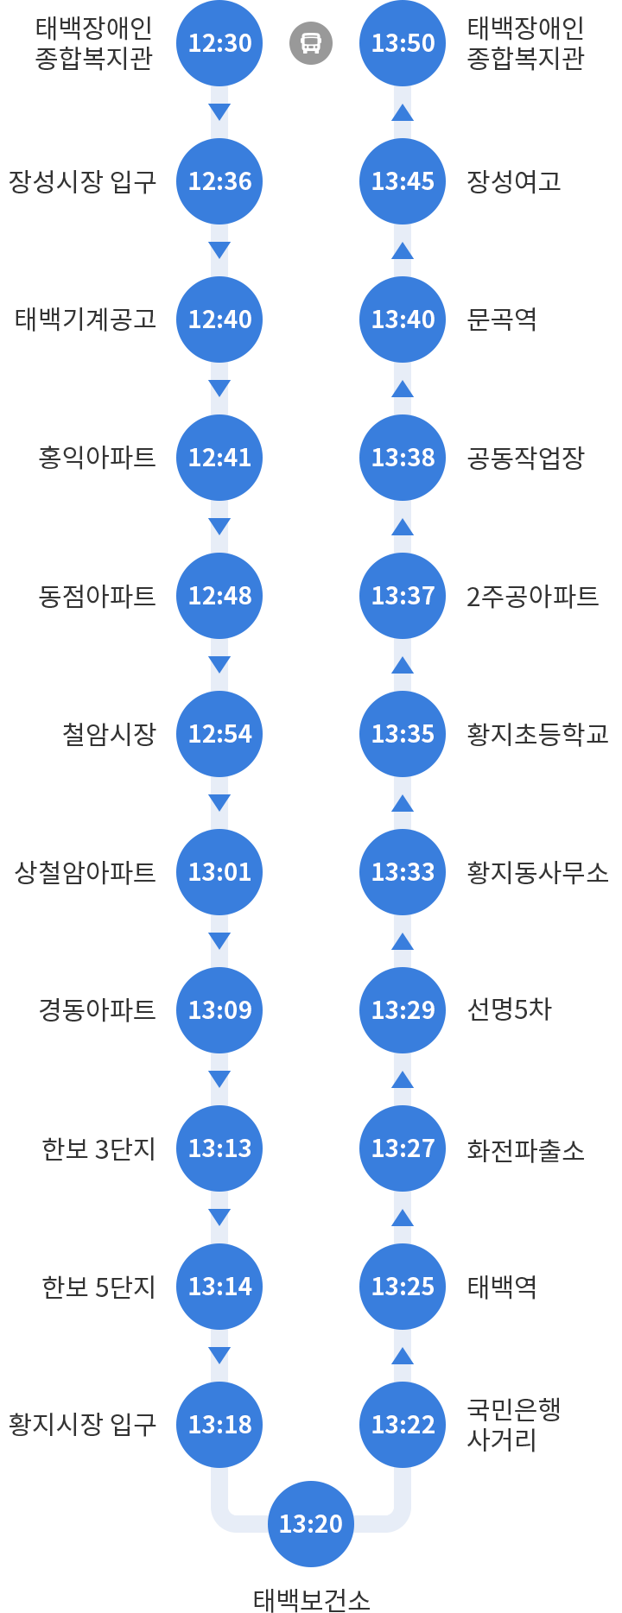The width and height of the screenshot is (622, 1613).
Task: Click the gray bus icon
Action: (311, 43)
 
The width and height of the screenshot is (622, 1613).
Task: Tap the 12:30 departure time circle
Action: (219, 43)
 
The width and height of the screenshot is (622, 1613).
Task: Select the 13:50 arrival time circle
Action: (403, 43)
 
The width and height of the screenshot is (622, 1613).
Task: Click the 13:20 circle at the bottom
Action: (311, 1524)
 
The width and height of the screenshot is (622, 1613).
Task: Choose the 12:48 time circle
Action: (219, 596)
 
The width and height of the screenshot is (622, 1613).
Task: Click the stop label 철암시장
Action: (109, 734)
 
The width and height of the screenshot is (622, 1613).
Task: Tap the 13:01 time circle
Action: (219, 872)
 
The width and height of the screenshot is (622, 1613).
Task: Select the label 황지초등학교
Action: (537, 734)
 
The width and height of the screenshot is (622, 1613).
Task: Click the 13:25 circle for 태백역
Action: (403, 1287)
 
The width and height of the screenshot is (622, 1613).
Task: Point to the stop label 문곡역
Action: (502, 319)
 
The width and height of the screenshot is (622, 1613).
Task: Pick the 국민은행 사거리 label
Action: (514, 1425)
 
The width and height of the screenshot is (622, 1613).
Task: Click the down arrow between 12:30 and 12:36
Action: (219, 112)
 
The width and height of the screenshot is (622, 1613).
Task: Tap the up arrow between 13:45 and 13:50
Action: (403, 112)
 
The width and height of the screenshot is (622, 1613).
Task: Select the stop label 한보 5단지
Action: (98, 1287)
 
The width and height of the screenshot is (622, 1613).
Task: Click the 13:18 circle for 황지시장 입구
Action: (219, 1425)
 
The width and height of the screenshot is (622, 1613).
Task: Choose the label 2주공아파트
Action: (532, 596)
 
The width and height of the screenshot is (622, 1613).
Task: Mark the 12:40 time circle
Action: (219, 319)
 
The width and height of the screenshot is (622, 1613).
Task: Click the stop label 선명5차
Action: (509, 1009)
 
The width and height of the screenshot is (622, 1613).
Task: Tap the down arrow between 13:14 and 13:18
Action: (219, 1356)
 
